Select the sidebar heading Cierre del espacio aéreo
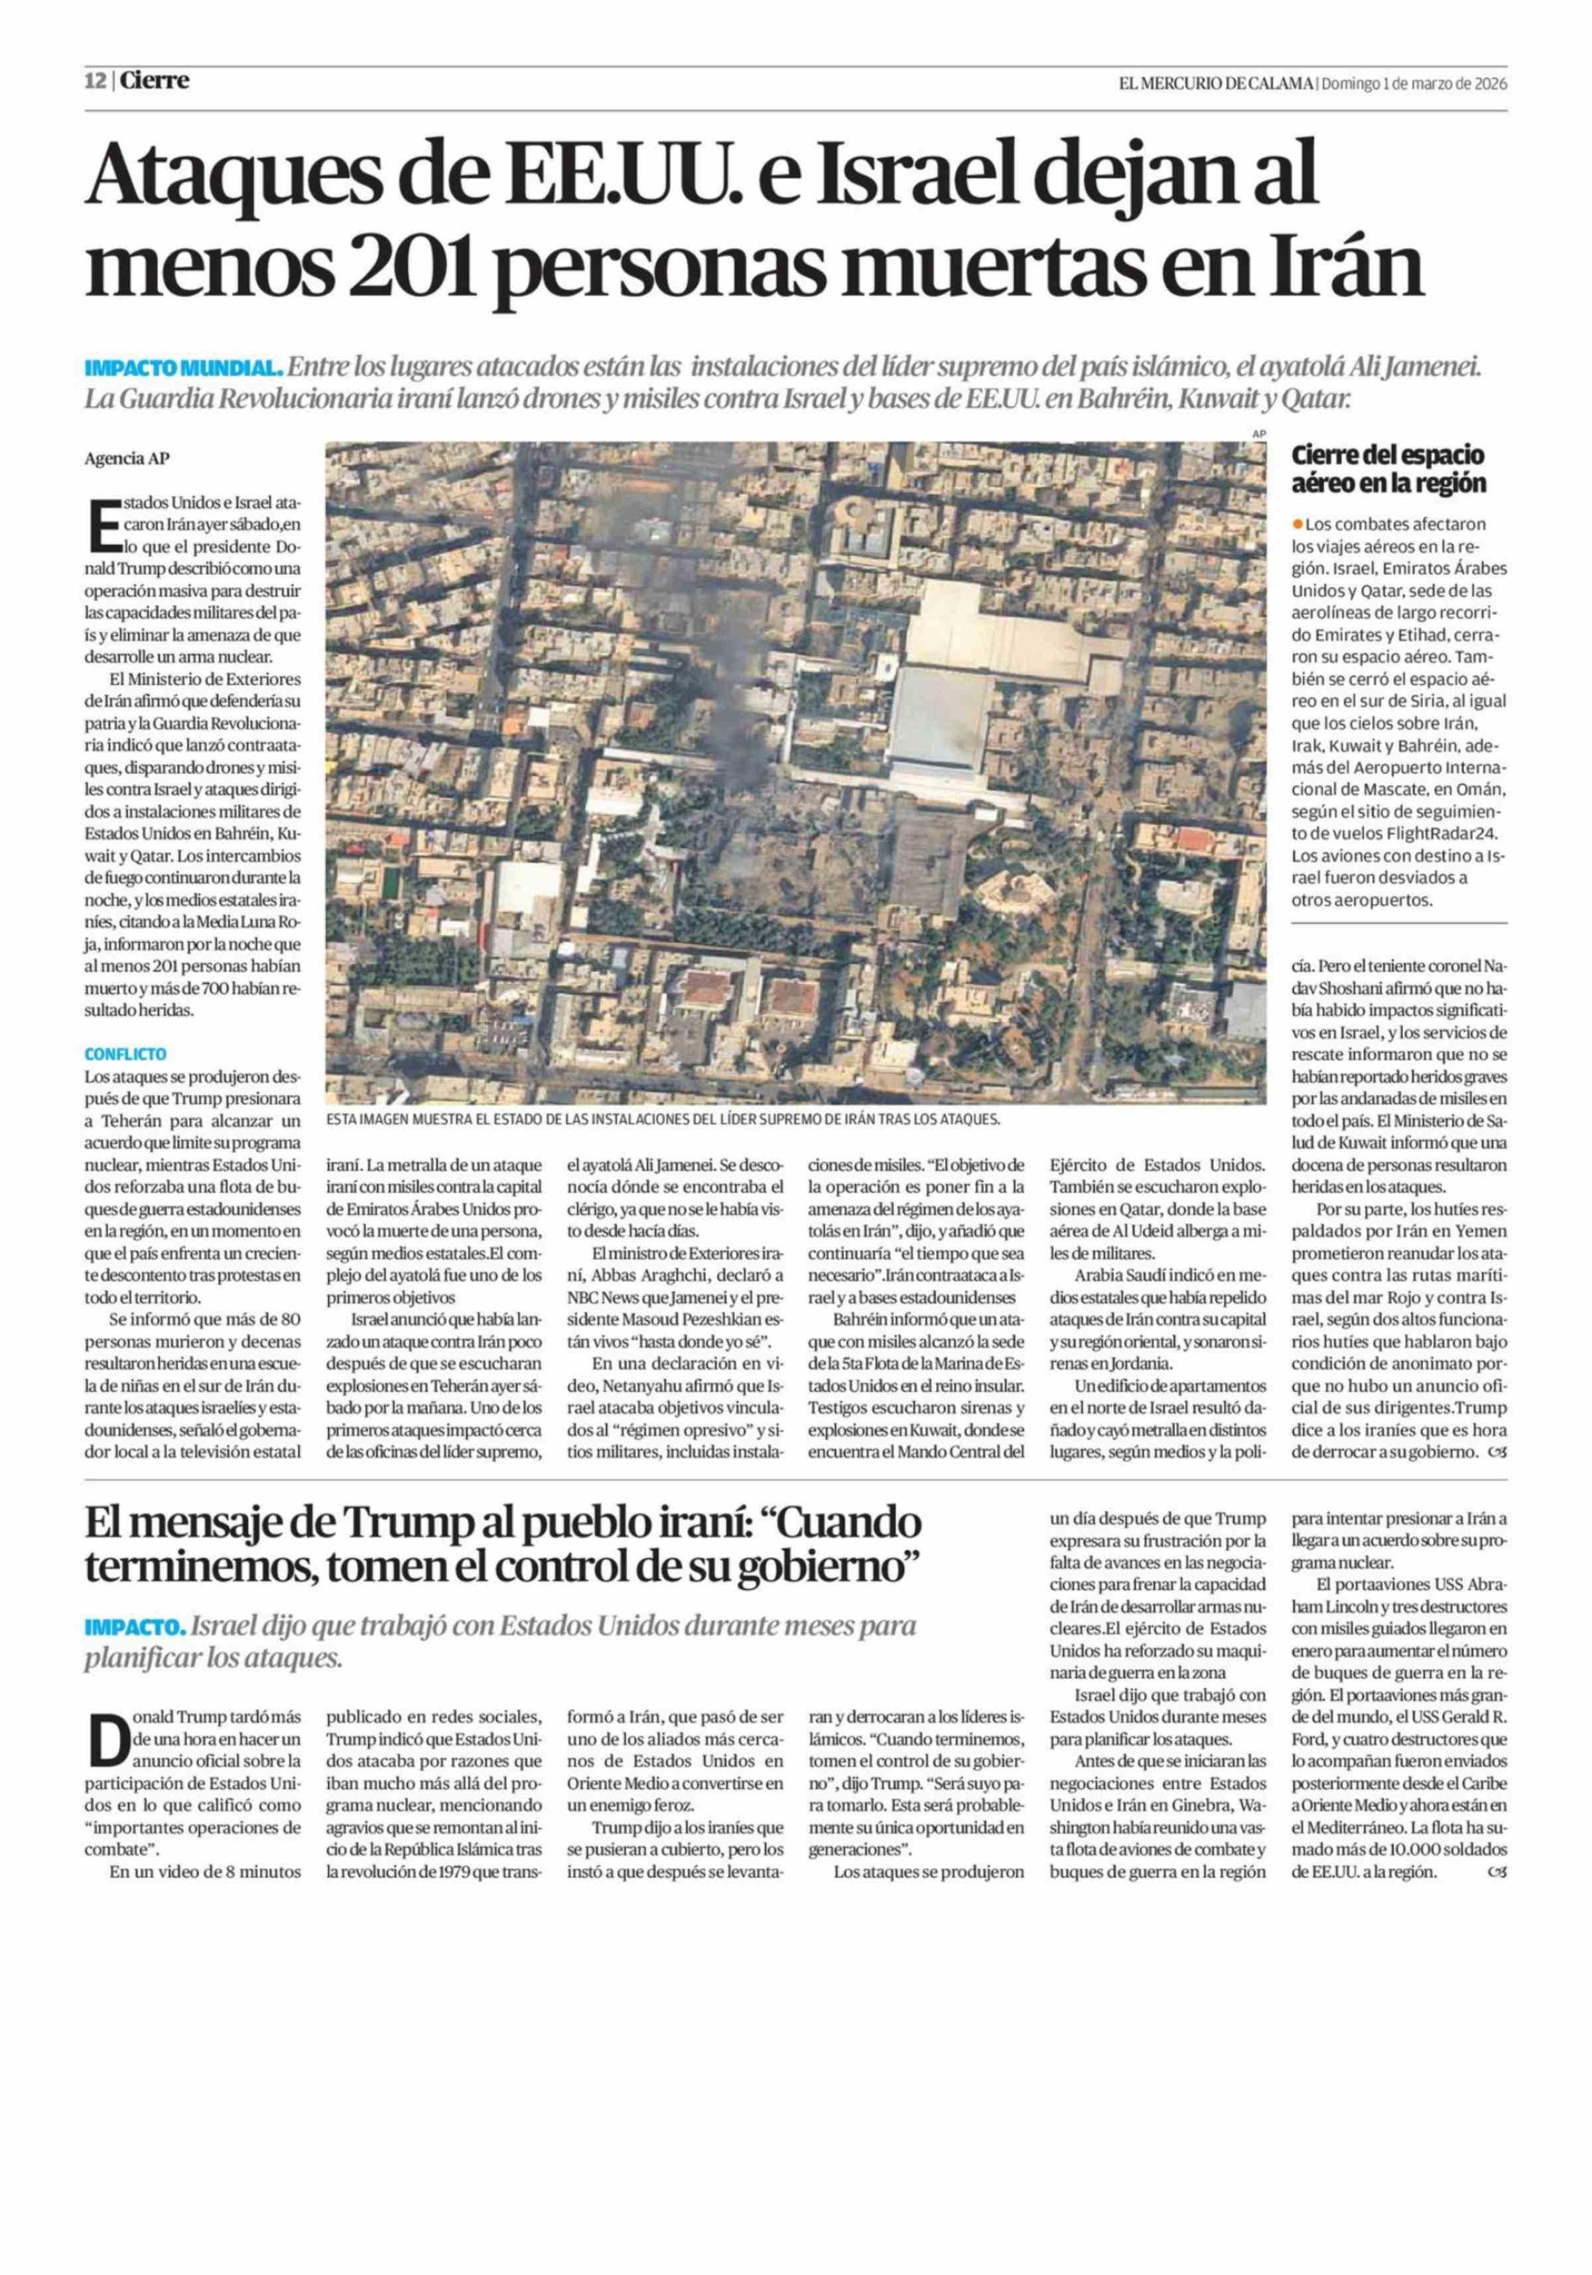click(x=1387, y=469)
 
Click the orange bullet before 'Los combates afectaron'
click(x=1297, y=523)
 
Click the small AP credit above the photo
click(x=1259, y=433)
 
